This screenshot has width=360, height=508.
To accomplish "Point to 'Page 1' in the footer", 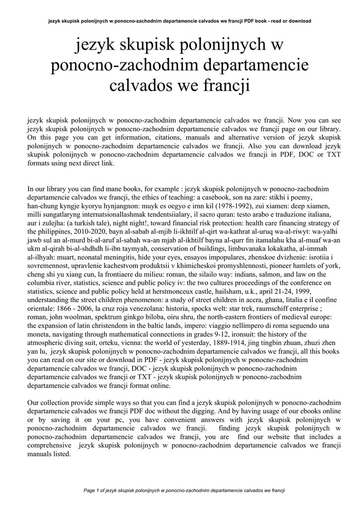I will pos(93,491).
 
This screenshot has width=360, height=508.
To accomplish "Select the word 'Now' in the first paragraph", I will pos(296,120).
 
